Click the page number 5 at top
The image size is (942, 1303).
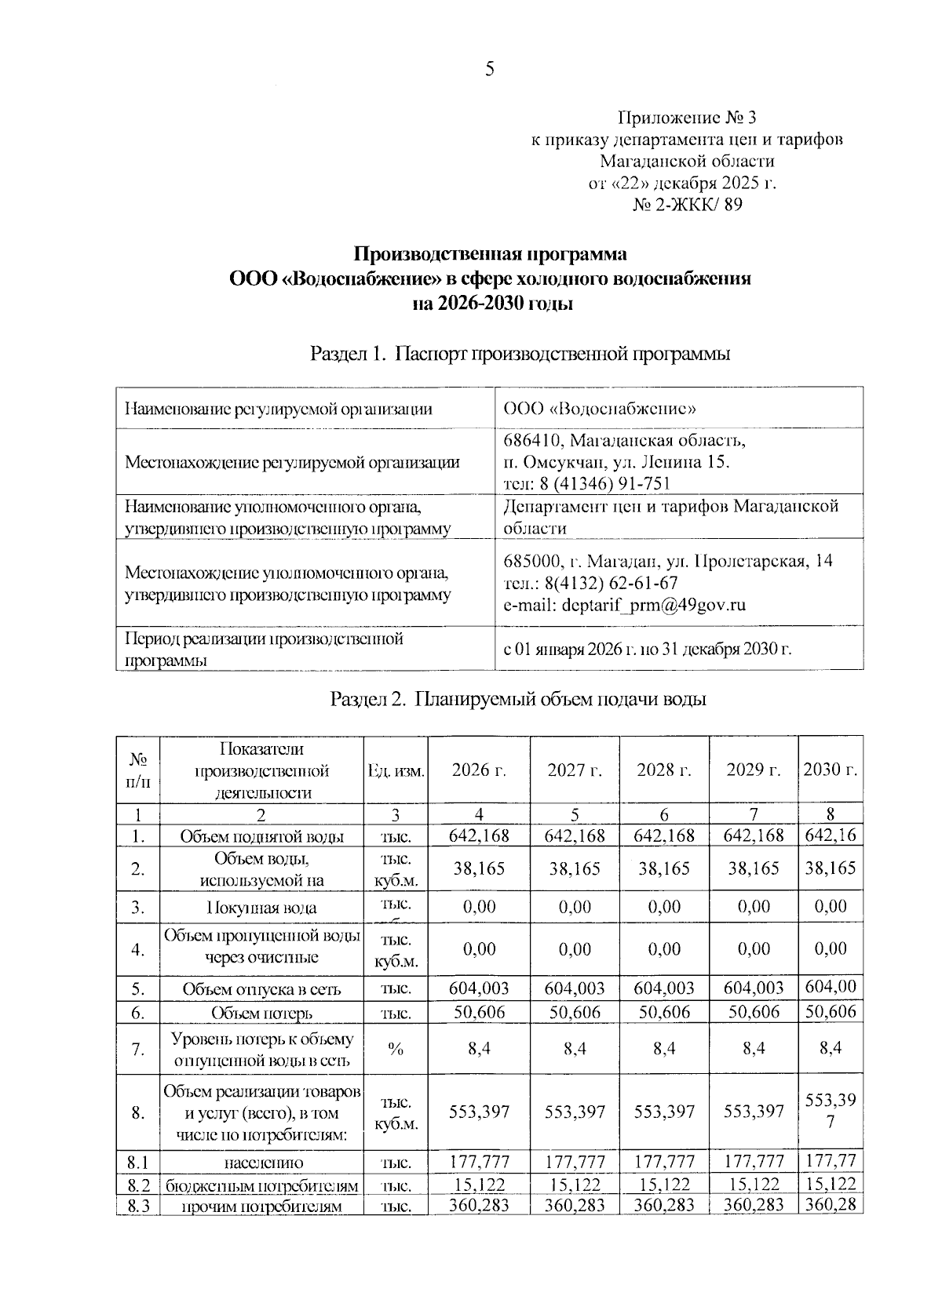click(x=489, y=70)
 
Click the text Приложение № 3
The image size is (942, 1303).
click(x=687, y=118)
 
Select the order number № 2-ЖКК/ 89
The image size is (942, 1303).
click(x=687, y=206)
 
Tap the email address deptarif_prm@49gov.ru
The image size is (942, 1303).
click(x=624, y=605)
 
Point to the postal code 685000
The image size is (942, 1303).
click(x=531, y=561)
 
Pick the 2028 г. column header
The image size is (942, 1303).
click(x=664, y=770)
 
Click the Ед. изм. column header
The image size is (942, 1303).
click(x=396, y=771)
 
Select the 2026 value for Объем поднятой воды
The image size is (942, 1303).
click(x=479, y=835)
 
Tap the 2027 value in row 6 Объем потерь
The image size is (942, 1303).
click(x=575, y=1012)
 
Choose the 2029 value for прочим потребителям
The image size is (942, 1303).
click(x=754, y=1205)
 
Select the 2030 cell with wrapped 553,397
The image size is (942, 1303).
click(x=831, y=1111)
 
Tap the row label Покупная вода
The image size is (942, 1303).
click(x=261, y=908)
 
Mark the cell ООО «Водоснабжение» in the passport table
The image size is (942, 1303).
click(x=601, y=409)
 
